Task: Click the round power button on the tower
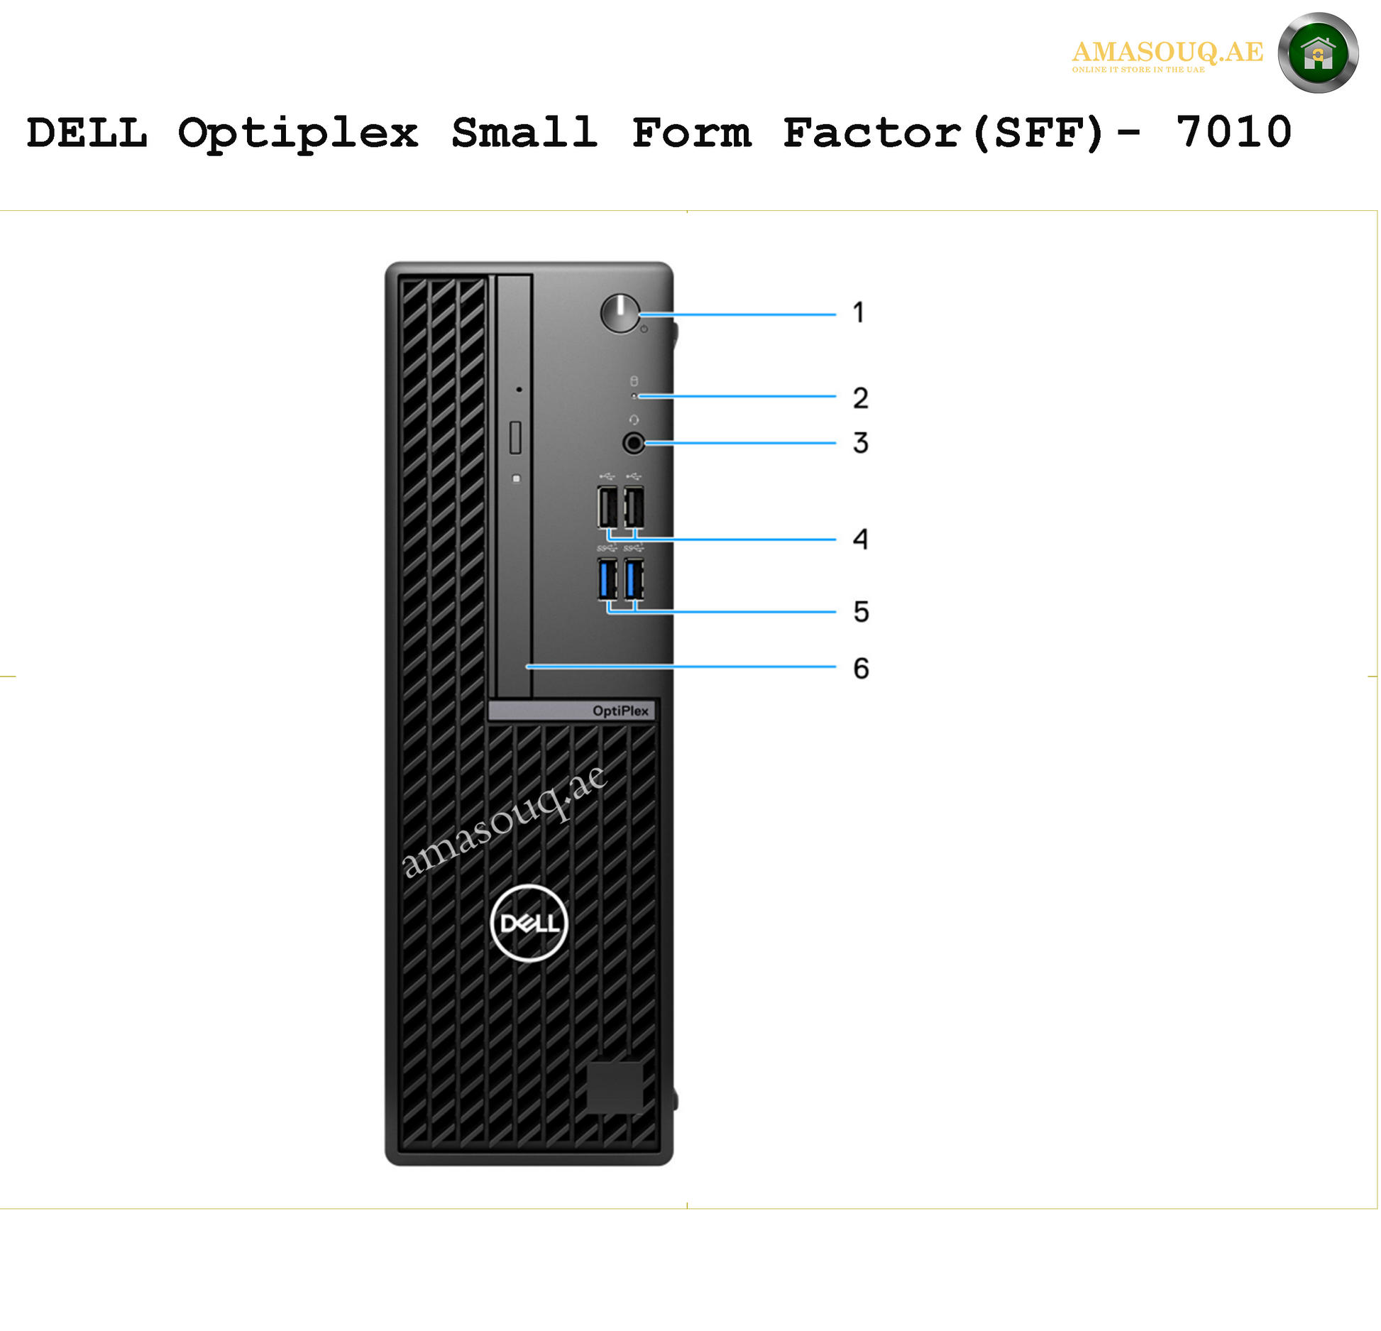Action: click(620, 313)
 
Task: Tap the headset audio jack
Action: click(634, 444)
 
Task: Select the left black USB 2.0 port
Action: click(607, 507)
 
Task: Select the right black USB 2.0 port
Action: click(634, 507)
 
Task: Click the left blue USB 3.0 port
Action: click(607, 579)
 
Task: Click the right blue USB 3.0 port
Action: click(634, 579)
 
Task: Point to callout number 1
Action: click(859, 312)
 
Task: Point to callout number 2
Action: click(861, 398)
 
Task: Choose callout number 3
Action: click(861, 443)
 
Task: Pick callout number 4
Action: click(861, 539)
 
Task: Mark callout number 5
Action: click(861, 611)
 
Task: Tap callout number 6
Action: click(861, 668)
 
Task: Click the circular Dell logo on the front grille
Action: click(529, 923)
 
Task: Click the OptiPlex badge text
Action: click(620, 711)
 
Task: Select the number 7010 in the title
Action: click(1233, 132)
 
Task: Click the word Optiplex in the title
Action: click(299, 133)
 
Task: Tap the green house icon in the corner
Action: click(1318, 53)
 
